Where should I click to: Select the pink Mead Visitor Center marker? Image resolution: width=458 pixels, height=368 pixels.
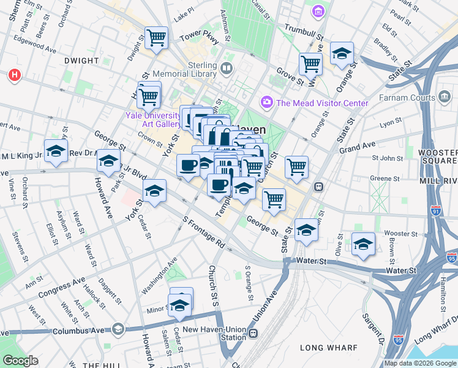click(267, 102)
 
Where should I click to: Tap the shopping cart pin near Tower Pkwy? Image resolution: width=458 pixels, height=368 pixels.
click(157, 38)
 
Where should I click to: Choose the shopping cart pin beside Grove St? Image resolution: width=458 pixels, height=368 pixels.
click(310, 63)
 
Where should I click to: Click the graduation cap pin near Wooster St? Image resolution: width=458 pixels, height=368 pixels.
click(363, 244)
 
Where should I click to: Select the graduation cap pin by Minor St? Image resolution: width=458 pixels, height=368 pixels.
click(179, 304)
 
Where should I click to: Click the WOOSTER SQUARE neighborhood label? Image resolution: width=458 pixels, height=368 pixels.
click(437, 157)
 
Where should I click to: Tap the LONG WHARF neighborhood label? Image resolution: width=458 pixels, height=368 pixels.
click(328, 348)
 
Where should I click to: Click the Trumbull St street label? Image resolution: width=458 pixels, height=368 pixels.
click(303, 32)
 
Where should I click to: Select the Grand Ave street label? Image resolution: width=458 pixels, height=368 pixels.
click(357, 147)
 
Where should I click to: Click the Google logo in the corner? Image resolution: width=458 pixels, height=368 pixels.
click(20, 361)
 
